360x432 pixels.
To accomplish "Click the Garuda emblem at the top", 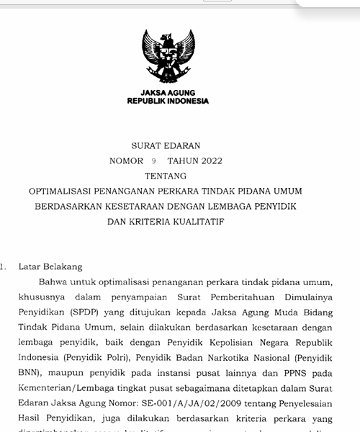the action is click(x=168, y=58).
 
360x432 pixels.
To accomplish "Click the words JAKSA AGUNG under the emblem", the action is click(x=168, y=94).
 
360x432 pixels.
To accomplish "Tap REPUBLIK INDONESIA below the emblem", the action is click(x=168, y=102).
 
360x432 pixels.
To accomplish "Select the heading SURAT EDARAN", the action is click(x=166, y=145).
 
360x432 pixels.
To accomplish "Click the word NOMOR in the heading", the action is click(x=126, y=161).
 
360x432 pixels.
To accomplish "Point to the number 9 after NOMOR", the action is click(x=154, y=161).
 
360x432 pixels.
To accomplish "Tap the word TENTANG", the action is click(x=166, y=176).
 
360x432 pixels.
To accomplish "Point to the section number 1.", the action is click(x=4, y=266).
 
